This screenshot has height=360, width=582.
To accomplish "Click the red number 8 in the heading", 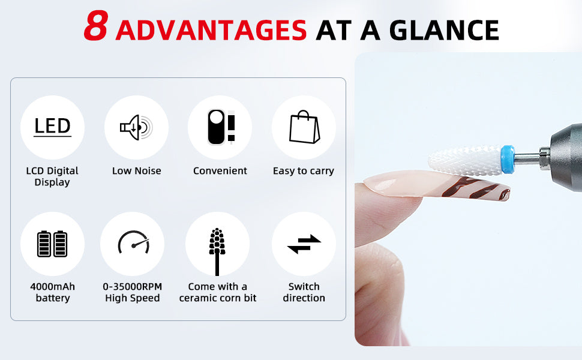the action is pos(96,25).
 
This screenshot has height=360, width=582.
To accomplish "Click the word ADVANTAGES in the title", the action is pos(211,30).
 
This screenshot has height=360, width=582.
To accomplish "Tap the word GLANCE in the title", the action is pos(444,30).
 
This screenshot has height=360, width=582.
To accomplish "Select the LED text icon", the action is pos(52,127).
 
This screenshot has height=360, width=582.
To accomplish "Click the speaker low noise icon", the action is pos(136,127).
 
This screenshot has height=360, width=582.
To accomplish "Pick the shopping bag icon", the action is pos(304,127).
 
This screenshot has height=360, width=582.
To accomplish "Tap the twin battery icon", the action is pos(52,244).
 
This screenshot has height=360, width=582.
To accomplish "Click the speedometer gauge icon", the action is pos(134,242).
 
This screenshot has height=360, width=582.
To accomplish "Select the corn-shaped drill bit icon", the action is pos(217,251).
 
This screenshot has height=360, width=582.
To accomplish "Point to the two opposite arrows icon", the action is pos(304,244).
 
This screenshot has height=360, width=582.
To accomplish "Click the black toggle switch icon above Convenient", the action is pos(217,127).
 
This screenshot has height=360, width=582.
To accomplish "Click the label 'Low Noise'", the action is pos(137,171).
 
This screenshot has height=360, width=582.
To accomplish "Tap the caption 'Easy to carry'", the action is pos(304,171).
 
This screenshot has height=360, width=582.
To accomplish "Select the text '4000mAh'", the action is pos(52,287).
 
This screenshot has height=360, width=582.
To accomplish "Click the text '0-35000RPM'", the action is pos(133,287).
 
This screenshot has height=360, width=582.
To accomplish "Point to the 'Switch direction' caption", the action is pos(304,292).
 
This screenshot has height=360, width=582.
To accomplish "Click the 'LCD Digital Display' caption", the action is pos(52,176).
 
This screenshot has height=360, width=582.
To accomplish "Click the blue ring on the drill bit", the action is pos(508,160).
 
